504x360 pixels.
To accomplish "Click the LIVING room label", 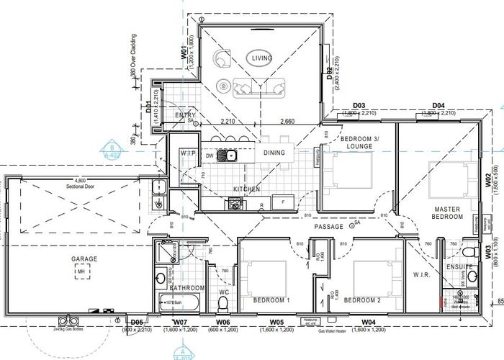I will [x=258, y=56].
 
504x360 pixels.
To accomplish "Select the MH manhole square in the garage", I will [x=86, y=271].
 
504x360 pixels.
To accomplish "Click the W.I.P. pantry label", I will [x=189, y=153].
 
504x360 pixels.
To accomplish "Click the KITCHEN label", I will [x=246, y=189].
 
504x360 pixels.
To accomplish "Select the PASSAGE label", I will [x=330, y=226].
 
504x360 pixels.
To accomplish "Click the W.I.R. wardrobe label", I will [x=422, y=274].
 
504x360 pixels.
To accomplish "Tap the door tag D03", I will [x=359, y=106].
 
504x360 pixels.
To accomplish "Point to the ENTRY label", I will [x=176, y=115].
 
